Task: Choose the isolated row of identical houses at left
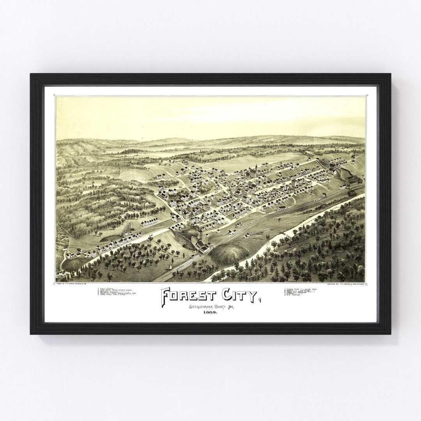click(149, 222)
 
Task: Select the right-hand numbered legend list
click(302, 292)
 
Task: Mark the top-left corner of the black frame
click(31, 74)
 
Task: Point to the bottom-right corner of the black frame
click(390, 333)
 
